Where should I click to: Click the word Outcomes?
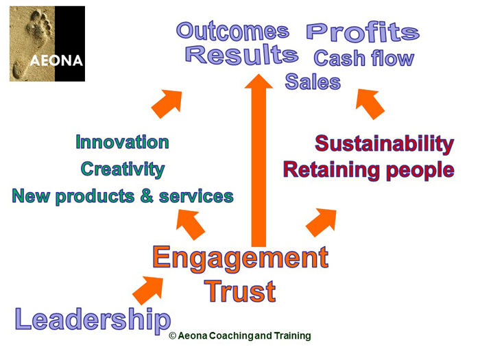click(x=232, y=31)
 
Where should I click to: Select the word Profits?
click(x=361, y=32)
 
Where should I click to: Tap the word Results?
click(x=241, y=56)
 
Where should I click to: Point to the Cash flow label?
click(x=363, y=58)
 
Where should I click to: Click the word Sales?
click(x=313, y=82)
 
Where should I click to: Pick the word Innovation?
click(x=122, y=143)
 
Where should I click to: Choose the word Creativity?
click(x=122, y=169)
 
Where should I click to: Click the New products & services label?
click(x=123, y=197)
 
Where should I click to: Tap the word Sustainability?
click(x=384, y=144)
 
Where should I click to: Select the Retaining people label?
click(x=368, y=169)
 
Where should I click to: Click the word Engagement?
click(x=240, y=258)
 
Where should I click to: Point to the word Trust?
click(x=240, y=291)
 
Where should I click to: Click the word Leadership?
click(x=93, y=320)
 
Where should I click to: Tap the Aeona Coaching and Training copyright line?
click(x=240, y=336)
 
